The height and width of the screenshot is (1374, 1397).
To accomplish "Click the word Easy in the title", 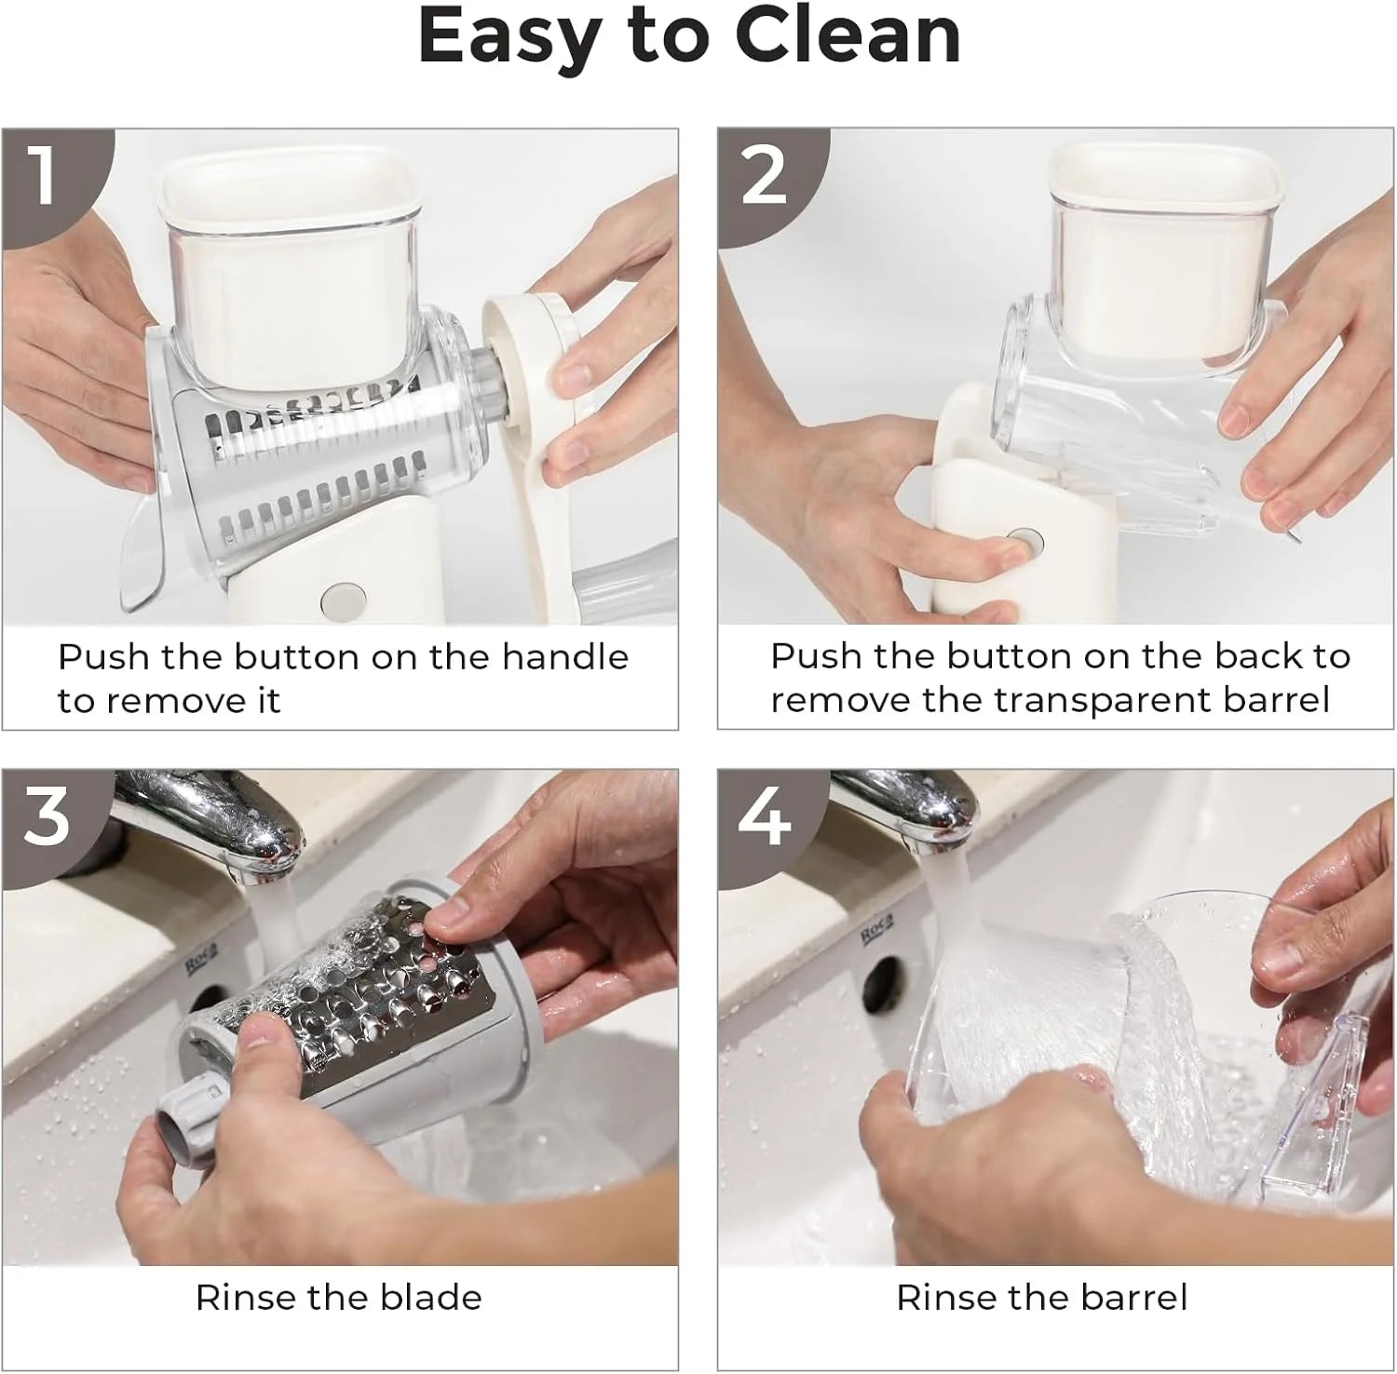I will click(x=504, y=37).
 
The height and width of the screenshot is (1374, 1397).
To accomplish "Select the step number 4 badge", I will click(x=764, y=816).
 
